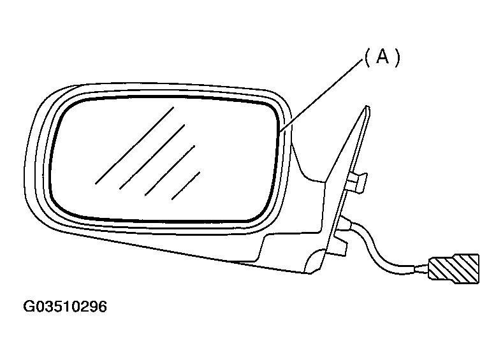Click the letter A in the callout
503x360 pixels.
point(383,57)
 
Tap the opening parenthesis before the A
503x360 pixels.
point(368,58)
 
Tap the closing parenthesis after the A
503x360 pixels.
point(397,58)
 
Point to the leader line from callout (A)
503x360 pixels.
point(321,96)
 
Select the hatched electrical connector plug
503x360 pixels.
point(454,269)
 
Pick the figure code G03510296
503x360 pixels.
point(65,306)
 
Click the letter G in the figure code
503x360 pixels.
point(29,306)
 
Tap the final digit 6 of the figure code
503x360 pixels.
point(103,306)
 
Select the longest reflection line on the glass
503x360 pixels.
point(135,145)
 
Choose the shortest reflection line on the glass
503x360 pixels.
point(186,186)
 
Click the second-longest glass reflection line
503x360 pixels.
point(152,157)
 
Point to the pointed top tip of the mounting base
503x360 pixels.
point(367,107)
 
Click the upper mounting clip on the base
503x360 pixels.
point(356,182)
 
